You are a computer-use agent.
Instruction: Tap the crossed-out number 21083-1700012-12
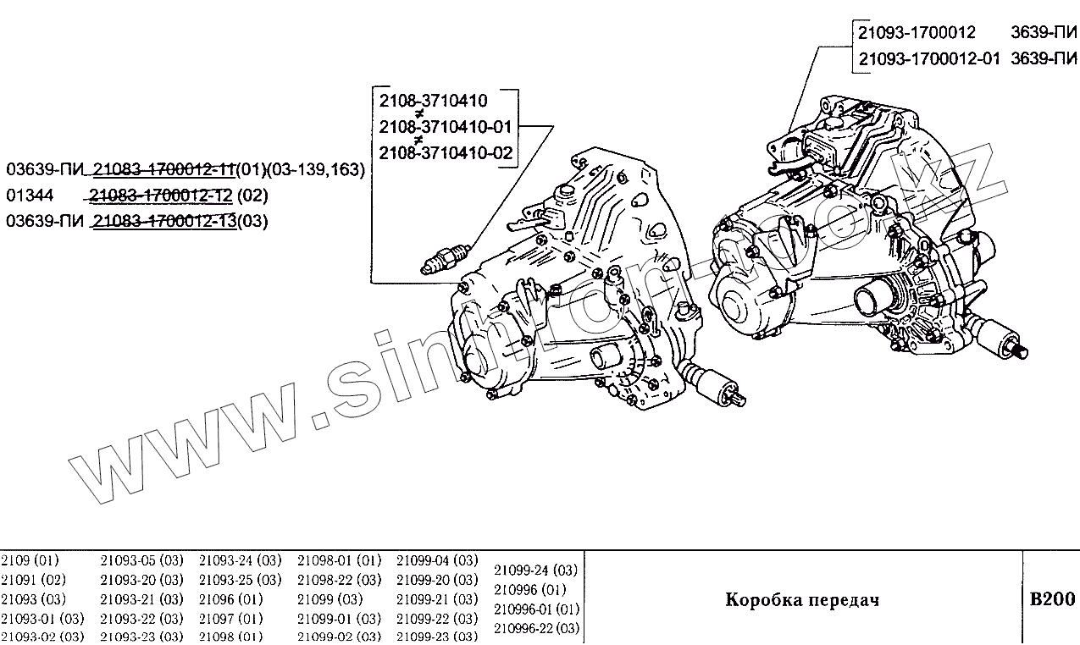click(161, 196)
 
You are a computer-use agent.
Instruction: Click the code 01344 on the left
click(30, 196)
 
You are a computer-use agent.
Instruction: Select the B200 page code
click(1051, 599)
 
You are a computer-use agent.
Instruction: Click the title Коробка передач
click(802, 600)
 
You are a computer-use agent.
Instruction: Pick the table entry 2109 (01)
click(30, 560)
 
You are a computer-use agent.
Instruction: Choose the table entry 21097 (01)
click(231, 618)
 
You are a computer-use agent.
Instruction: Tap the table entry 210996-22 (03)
click(536, 628)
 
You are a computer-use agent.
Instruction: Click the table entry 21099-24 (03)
click(535, 570)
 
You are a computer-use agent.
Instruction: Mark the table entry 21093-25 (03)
click(240, 580)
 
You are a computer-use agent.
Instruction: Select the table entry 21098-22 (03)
click(339, 580)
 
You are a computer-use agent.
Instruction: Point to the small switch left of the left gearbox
click(445, 258)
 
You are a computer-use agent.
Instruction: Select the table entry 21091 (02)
click(33, 580)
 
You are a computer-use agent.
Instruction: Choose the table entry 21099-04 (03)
click(437, 560)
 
